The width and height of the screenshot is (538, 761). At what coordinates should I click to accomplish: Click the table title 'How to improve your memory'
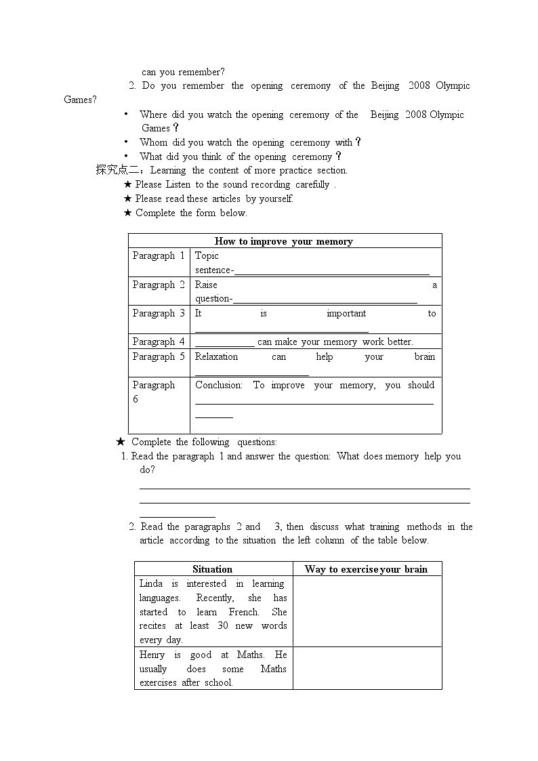284,241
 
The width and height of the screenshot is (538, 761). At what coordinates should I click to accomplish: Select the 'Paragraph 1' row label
159,255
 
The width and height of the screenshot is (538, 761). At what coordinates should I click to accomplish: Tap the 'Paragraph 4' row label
159,342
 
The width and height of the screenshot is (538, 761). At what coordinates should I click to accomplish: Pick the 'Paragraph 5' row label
159,356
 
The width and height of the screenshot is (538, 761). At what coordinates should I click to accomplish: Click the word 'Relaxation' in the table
216,356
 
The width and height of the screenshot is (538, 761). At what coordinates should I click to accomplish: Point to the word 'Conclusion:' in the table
218,385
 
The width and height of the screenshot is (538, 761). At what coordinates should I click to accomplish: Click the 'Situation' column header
213,569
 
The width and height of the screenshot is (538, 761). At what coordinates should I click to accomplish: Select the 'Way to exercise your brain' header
366,569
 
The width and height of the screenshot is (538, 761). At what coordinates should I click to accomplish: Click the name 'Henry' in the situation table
152,655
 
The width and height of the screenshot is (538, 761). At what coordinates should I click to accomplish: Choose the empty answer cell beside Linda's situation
367,611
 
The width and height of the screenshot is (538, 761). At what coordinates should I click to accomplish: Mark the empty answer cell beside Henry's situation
367,668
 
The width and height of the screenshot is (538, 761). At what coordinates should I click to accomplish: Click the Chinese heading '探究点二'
117,170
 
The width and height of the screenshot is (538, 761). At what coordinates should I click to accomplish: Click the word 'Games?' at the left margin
80,100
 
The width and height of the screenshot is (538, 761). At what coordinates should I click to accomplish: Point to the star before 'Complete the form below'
127,213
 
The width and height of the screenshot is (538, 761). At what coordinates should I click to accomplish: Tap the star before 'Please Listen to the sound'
127,184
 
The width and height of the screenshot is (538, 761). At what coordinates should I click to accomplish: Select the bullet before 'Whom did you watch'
126,142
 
